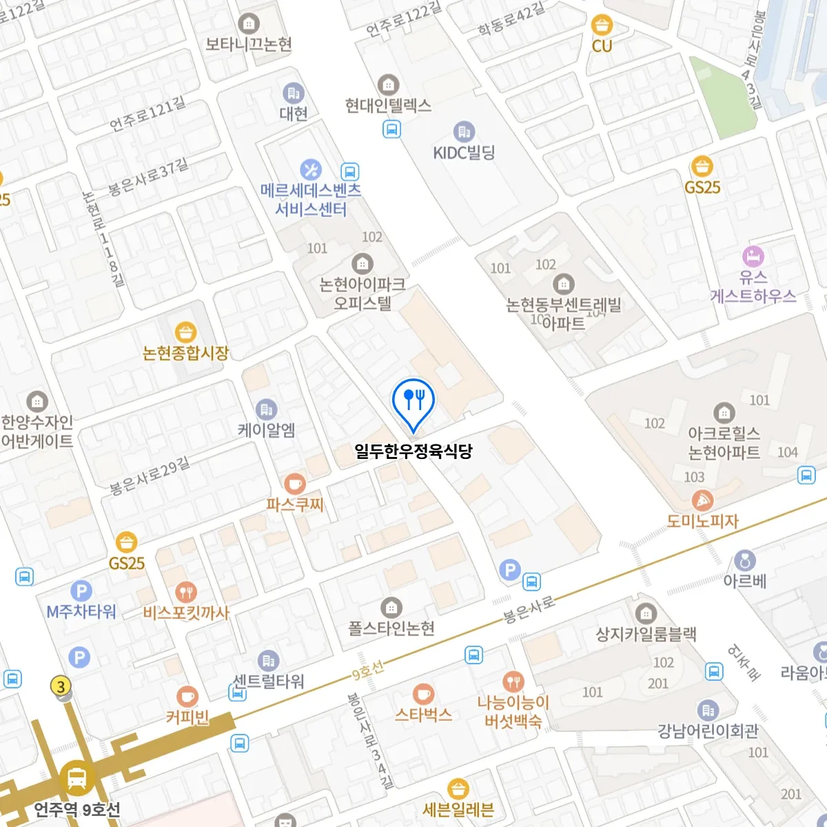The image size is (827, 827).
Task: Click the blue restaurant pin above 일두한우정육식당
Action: (413, 399)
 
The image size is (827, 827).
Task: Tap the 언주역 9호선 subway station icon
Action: (77, 779)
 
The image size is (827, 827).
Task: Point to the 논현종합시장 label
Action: (185, 353)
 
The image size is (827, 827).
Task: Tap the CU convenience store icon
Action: (602, 25)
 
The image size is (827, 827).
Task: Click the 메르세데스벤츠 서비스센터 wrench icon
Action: (311, 170)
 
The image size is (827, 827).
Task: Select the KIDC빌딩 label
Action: (464, 153)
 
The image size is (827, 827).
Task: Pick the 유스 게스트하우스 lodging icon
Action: (753, 256)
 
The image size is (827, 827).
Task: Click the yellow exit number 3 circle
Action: (61, 686)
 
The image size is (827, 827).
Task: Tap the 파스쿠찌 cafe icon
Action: (295, 483)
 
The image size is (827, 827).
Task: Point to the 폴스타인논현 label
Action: (391, 628)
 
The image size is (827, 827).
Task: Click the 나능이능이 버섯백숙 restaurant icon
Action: (513, 682)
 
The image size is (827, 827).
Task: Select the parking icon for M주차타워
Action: (81, 591)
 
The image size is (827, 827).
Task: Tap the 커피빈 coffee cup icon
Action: (187, 697)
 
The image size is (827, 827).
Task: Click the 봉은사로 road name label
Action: (529, 609)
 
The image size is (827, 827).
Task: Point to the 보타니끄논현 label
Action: (249, 44)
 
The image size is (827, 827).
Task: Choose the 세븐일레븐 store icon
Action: (458, 788)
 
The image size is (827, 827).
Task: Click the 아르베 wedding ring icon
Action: (744, 560)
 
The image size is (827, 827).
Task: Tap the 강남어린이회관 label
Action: (708, 731)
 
